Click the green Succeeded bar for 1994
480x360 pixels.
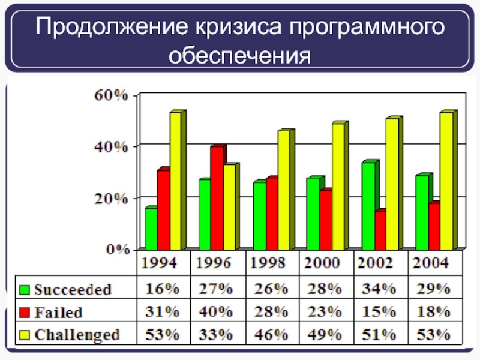[151, 229]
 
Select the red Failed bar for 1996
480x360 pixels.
[217, 198]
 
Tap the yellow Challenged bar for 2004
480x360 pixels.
[446, 181]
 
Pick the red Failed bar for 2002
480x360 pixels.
[380, 230]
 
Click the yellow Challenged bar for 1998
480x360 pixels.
[283, 190]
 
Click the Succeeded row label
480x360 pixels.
[73, 289]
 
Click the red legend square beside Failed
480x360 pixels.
[25, 312]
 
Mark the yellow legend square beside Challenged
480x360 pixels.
[25, 334]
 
